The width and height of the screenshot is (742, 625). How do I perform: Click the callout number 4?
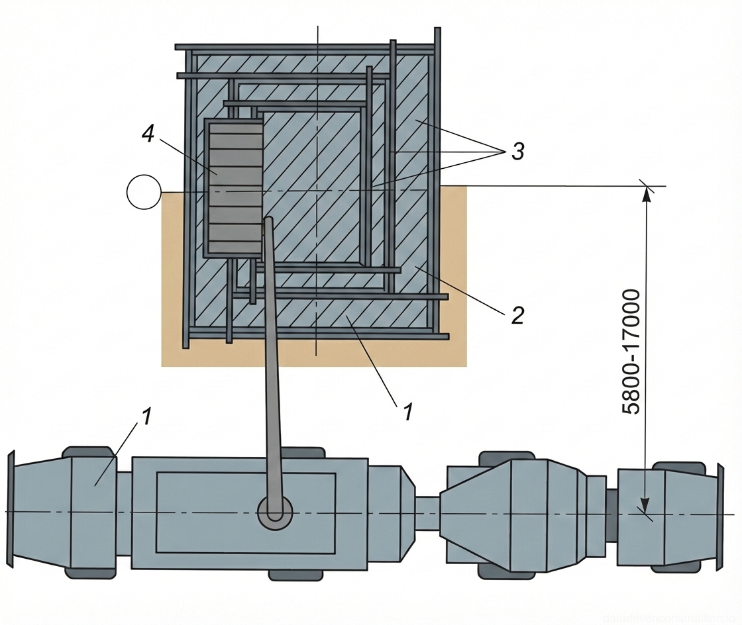(148, 135)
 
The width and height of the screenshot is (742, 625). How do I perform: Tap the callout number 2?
(517, 315)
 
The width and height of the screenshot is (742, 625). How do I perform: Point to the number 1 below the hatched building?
(407, 412)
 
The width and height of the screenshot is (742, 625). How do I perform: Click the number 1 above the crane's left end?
(146, 416)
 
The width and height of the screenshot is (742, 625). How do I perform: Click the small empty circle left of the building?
(144, 192)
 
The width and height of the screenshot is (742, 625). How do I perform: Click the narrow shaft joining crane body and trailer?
(428, 513)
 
